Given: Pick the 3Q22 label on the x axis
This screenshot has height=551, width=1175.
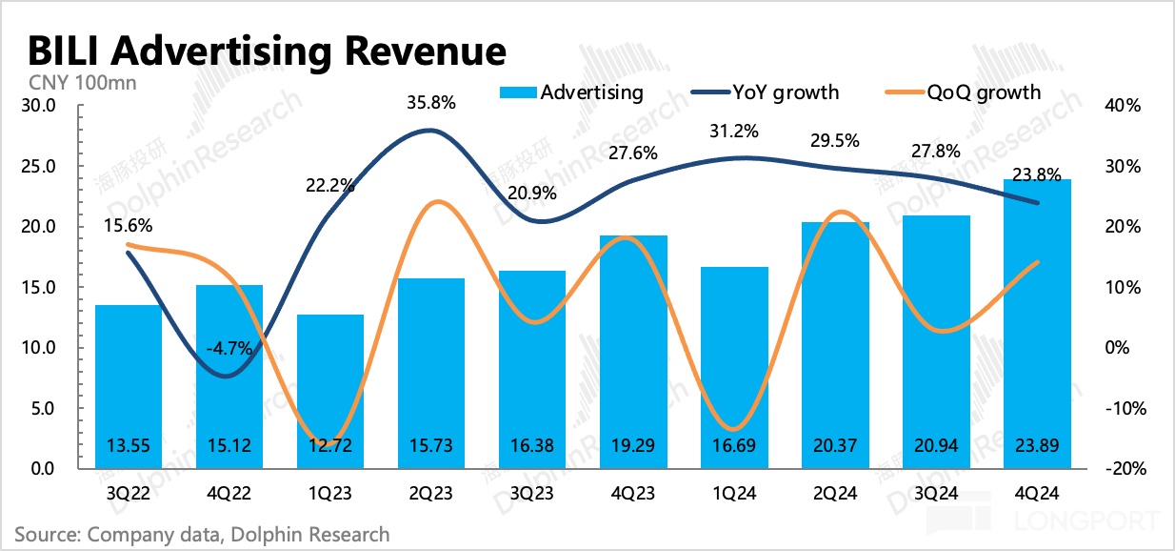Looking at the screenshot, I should [127, 494].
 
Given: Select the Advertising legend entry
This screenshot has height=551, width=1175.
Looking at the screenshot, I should [571, 92].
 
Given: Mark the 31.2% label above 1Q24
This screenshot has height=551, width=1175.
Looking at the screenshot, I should [731, 132].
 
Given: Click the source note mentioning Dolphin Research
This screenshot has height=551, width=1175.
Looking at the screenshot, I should [202, 534].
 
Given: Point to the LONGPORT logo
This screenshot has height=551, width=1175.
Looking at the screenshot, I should [1086, 521].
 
